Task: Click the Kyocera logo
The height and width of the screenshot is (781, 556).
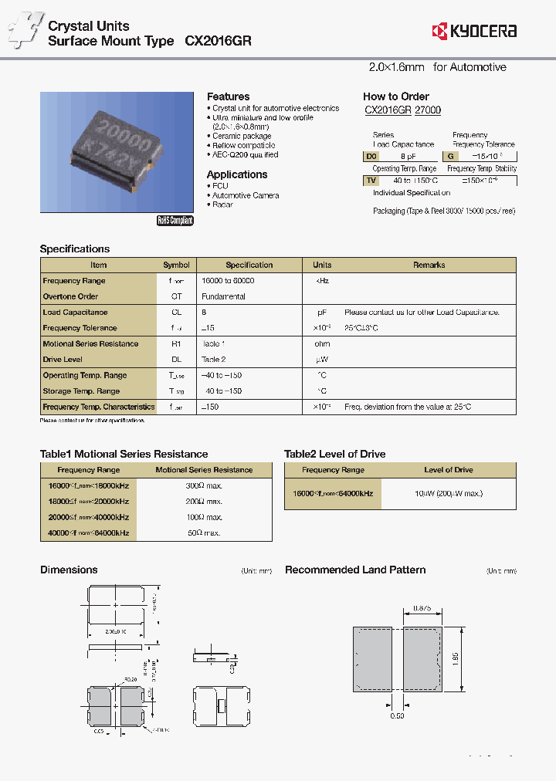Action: tap(474, 31)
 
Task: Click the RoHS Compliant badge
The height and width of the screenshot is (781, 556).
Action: tap(175, 221)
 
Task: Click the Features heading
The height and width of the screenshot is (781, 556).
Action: tap(228, 96)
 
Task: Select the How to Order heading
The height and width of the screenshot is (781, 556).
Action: tap(396, 96)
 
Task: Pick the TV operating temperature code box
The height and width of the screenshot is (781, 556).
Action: tap(371, 180)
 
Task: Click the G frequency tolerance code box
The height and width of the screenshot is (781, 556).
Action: tap(449, 156)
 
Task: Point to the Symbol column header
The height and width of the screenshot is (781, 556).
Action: tap(176, 265)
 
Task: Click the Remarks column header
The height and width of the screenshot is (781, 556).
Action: tap(429, 265)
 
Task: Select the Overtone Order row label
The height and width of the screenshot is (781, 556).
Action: tap(70, 296)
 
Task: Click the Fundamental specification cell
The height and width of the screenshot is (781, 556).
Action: tap(223, 296)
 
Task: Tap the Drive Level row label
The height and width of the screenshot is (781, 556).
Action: tap(63, 360)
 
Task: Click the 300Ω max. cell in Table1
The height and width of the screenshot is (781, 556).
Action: tap(204, 485)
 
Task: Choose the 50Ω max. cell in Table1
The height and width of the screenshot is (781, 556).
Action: tap(204, 533)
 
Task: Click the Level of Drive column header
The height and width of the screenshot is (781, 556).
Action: tap(449, 470)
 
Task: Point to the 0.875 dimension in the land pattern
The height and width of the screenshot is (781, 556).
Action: tap(422, 608)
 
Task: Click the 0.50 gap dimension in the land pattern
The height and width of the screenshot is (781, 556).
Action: tap(397, 716)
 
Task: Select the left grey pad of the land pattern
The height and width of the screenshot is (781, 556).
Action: tap(371, 658)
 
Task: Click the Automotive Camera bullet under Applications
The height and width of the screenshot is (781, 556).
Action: tap(246, 195)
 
